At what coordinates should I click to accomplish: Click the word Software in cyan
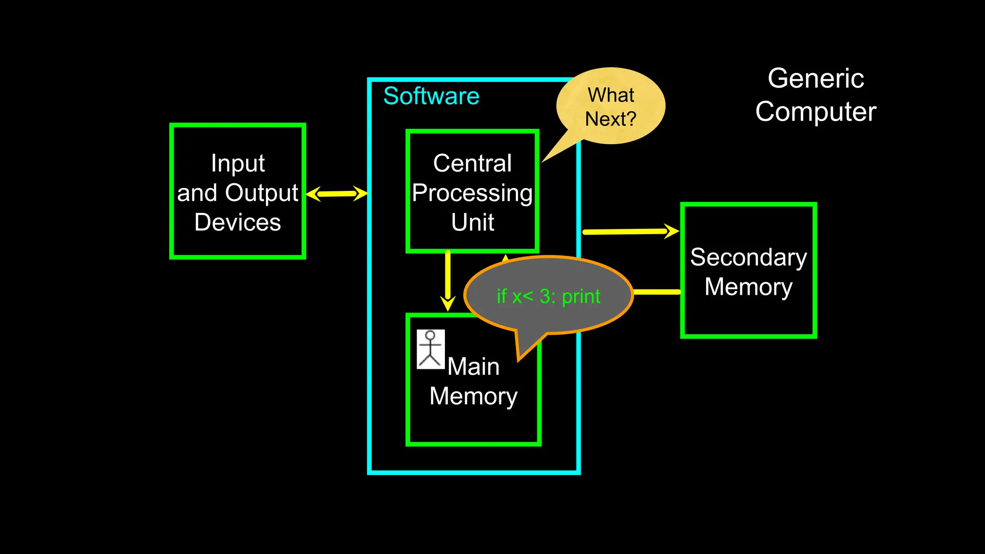tap(431, 96)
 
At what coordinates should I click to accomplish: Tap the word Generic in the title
tap(816, 78)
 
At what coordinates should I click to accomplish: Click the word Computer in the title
tap(816, 112)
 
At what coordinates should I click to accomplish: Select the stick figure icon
tap(430, 349)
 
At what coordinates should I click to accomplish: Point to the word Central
tap(472, 163)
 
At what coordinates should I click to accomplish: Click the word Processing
tap(472, 193)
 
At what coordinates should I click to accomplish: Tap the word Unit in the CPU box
tap(472, 222)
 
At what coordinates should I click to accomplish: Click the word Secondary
tap(748, 257)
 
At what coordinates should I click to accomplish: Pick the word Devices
tap(238, 222)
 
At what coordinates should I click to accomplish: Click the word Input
tap(238, 164)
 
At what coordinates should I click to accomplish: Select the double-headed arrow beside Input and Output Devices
tap(337, 194)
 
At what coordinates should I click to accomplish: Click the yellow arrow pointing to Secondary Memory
tap(630, 232)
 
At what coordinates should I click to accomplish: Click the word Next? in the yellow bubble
tap(610, 119)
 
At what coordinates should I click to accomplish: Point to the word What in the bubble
tap(611, 95)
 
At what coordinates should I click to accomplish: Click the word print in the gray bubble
tap(581, 296)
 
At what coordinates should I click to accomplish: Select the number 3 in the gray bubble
tap(545, 296)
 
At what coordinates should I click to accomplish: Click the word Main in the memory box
tap(473, 366)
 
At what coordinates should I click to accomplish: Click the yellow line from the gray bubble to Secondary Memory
tap(657, 292)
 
